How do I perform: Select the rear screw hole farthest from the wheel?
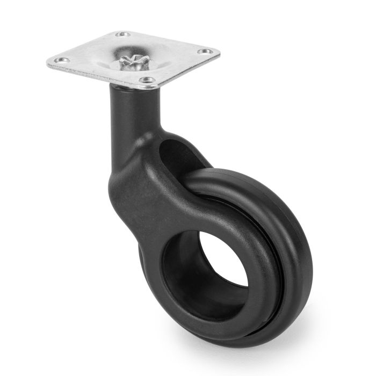click(x=123, y=35)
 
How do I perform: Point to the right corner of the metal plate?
click(x=219, y=52)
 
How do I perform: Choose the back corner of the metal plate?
click(x=121, y=31)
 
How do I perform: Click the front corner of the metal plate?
click(x=152, y=88)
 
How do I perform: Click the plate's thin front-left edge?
click(x=97, y=77)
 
